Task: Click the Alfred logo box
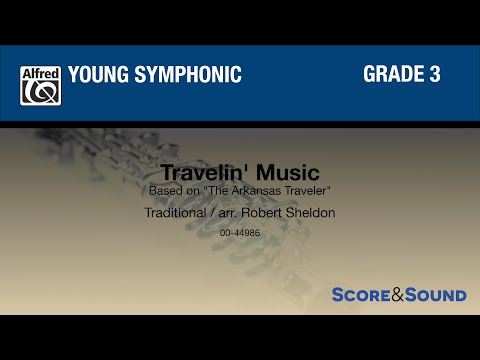point(41,85)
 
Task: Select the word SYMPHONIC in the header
point(191,74)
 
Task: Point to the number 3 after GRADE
point(435,74)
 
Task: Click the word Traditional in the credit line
point(176,213)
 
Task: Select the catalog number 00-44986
point(240,232)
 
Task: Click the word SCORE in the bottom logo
point(360,295)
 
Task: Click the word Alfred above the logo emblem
point(41,72)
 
